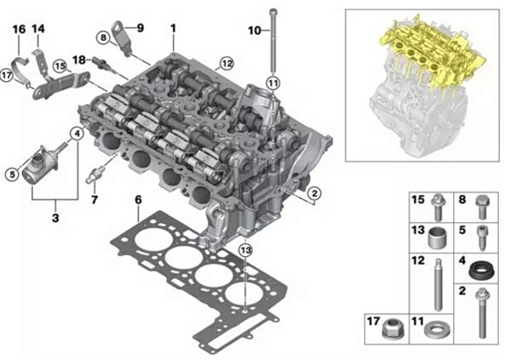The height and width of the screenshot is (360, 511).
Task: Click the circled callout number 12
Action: (x=227, y=63)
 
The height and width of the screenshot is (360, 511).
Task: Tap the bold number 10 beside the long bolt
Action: (x=255, y=31)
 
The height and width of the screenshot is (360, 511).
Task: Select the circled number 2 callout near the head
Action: (x=314, y=193)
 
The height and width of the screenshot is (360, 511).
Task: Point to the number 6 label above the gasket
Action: (x=139, y=200)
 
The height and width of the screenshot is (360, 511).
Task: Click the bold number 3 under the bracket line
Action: (x=55, y=217)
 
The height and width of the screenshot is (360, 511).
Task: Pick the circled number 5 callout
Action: (x=12, y=174)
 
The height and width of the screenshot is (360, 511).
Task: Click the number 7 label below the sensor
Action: (x=95, y=199)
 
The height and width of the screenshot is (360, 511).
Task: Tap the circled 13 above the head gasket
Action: (x=245, y=250)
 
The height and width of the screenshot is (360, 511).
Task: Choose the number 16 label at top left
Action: (x=19, y=29)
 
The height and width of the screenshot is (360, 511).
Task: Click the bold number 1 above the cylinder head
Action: (x=173, y=28)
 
